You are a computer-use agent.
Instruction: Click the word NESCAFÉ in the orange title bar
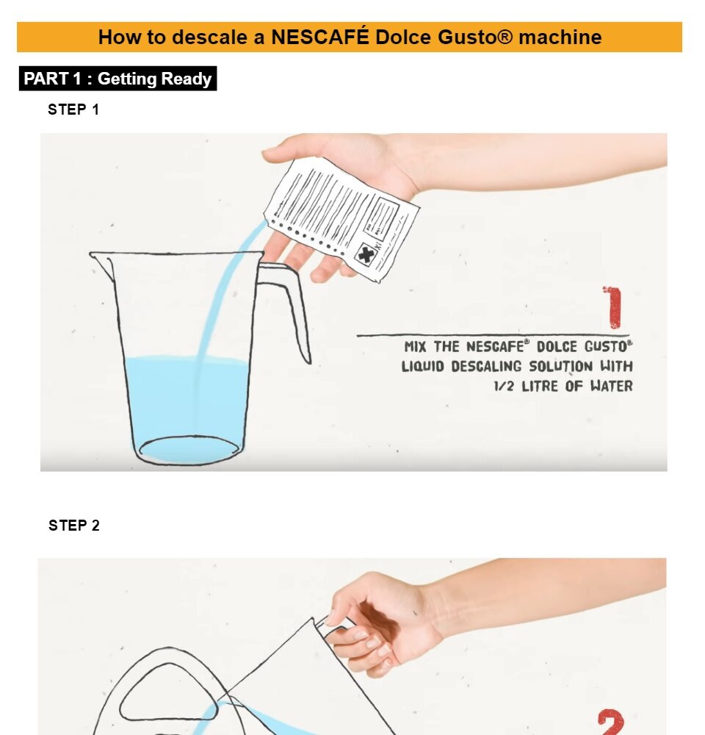coord(320,37)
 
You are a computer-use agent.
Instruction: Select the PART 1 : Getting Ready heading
coord(117,79)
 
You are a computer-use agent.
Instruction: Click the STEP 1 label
coord(73,110)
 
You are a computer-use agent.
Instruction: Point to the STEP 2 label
coord(74,526)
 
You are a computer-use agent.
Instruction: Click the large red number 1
coord(613,307)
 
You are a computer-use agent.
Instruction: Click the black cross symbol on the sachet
coord(366,254)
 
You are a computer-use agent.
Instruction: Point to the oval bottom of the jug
coord(189,450)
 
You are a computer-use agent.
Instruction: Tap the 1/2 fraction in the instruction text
coord(504,387)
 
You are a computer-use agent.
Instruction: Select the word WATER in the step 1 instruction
coord(611,386)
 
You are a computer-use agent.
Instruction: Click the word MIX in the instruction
coord(415,347)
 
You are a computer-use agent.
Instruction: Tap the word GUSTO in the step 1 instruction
coord(608,346)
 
